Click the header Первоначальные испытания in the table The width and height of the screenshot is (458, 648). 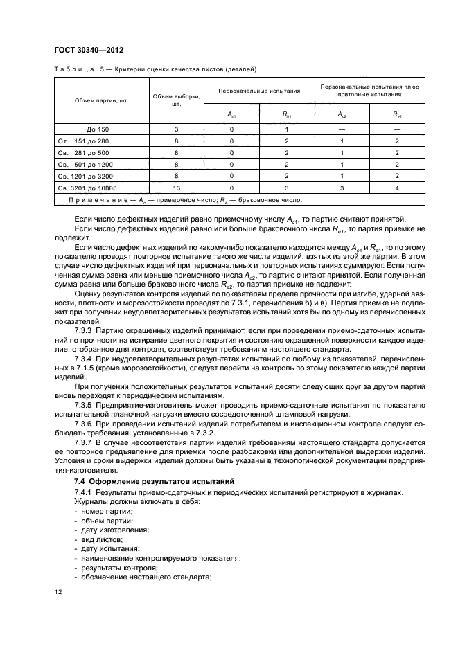click(259, 91)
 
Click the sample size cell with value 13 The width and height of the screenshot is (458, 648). click(176, 188)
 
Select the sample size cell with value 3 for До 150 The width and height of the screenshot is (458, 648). click(176, 129)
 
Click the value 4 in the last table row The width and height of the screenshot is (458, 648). click(396, 188)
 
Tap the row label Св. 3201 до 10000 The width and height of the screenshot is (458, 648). click(87, 188)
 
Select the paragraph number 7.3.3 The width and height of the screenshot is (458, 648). click(83, 332)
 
